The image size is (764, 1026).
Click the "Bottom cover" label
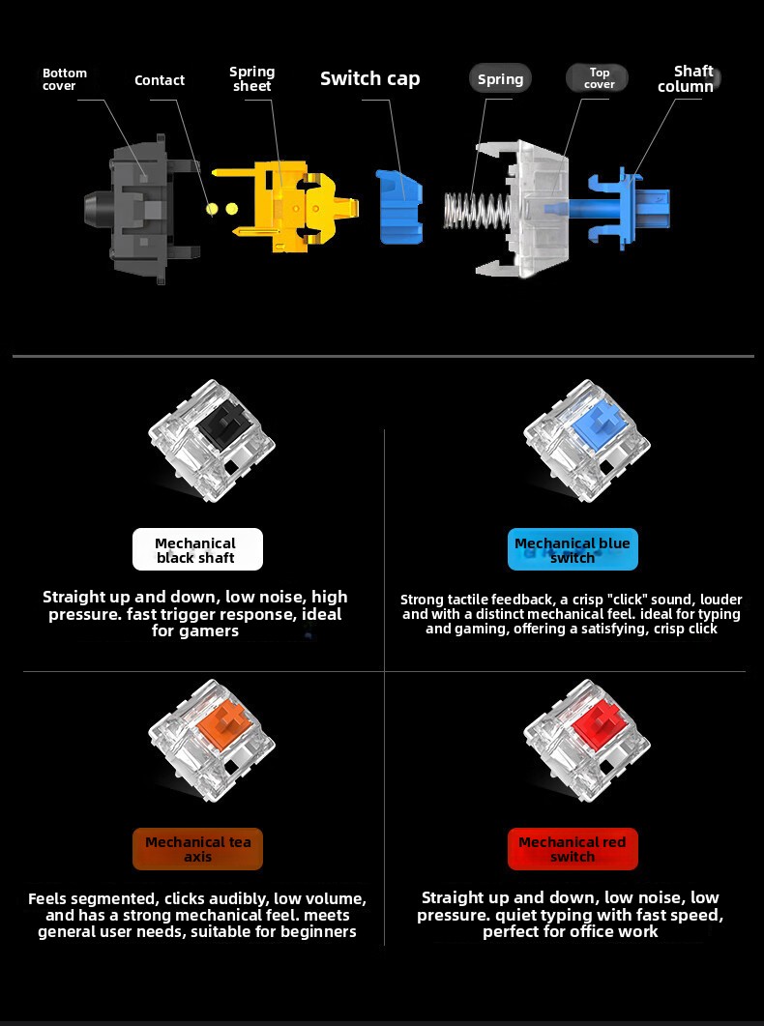pos(65,79)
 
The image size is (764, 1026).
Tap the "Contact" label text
pos(160,80)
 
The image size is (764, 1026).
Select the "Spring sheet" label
pos(251,78)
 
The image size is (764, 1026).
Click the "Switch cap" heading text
pos(370,78)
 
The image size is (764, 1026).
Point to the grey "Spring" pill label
pos(500,79)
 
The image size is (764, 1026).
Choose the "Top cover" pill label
pos(598,78)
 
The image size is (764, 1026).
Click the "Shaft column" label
pos(686,78)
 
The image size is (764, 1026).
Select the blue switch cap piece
pos(399,206)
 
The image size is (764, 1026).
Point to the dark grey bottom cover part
pos(138,209)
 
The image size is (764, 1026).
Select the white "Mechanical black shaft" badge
pos(197,549)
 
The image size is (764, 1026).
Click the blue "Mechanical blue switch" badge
pos(573,549)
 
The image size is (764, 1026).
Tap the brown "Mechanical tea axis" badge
pos(197,849)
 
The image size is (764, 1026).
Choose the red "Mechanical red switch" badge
pos(573,849)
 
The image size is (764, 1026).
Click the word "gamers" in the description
pos(207,631)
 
